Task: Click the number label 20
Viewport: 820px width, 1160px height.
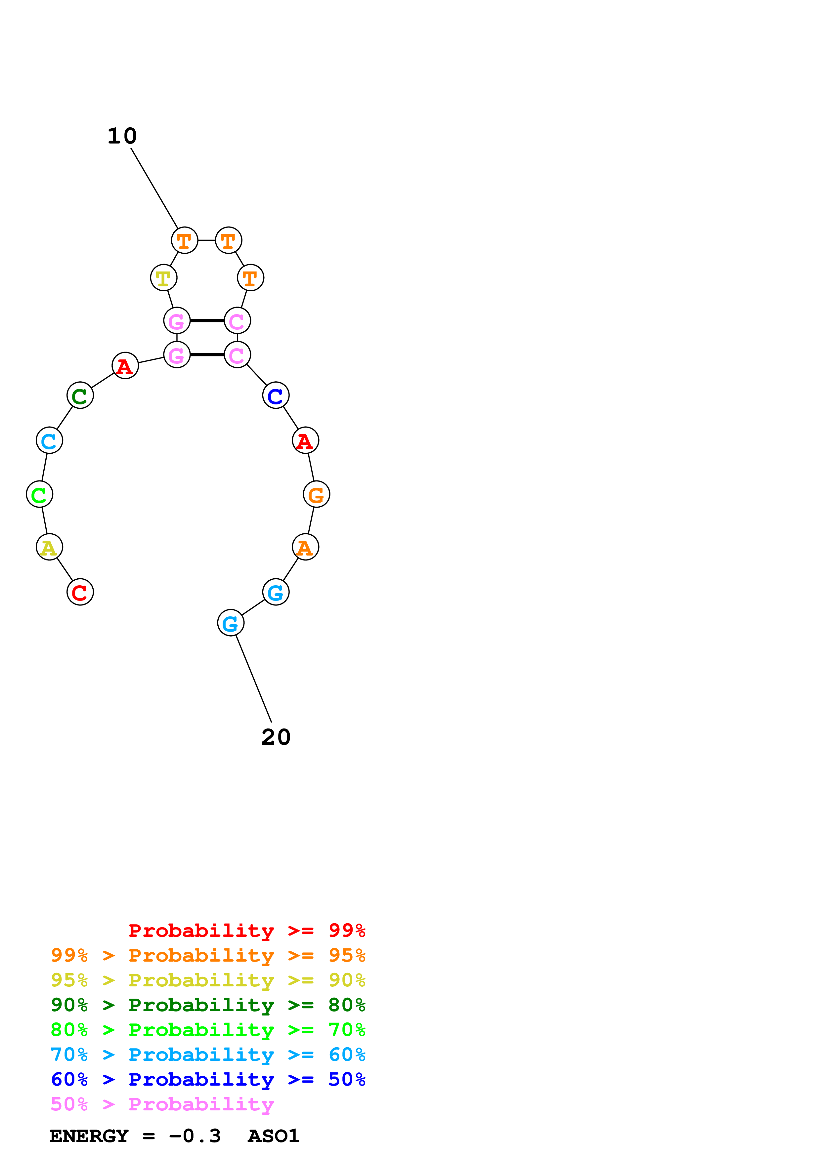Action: coord(276,737)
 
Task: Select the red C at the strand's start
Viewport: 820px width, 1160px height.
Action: coord(80,592)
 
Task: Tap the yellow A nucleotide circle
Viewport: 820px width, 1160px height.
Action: coord(49,547)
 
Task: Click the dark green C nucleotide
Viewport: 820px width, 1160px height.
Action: coord(80,395)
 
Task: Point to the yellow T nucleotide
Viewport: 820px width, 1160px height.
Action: coord(163,278)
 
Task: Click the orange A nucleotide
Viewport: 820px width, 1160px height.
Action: coord(305,547)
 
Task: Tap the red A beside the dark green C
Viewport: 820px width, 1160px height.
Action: coord(125,366)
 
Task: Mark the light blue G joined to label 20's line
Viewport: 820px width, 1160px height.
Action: coord(231,623)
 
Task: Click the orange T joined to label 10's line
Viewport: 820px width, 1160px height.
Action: coord(185,240)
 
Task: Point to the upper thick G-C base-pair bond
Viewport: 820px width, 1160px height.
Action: coord(207,321)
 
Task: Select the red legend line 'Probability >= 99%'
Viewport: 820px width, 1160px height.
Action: coord(246,931)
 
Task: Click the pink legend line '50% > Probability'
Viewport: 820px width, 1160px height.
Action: coord(162,1104)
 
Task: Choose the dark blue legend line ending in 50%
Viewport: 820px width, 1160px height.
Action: coord(208,1080)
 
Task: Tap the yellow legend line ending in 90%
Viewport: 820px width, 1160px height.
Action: coord(208,980)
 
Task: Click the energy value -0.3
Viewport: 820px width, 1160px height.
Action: coord(195,1136)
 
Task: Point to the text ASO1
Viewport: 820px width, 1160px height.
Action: coord(273,1136)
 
